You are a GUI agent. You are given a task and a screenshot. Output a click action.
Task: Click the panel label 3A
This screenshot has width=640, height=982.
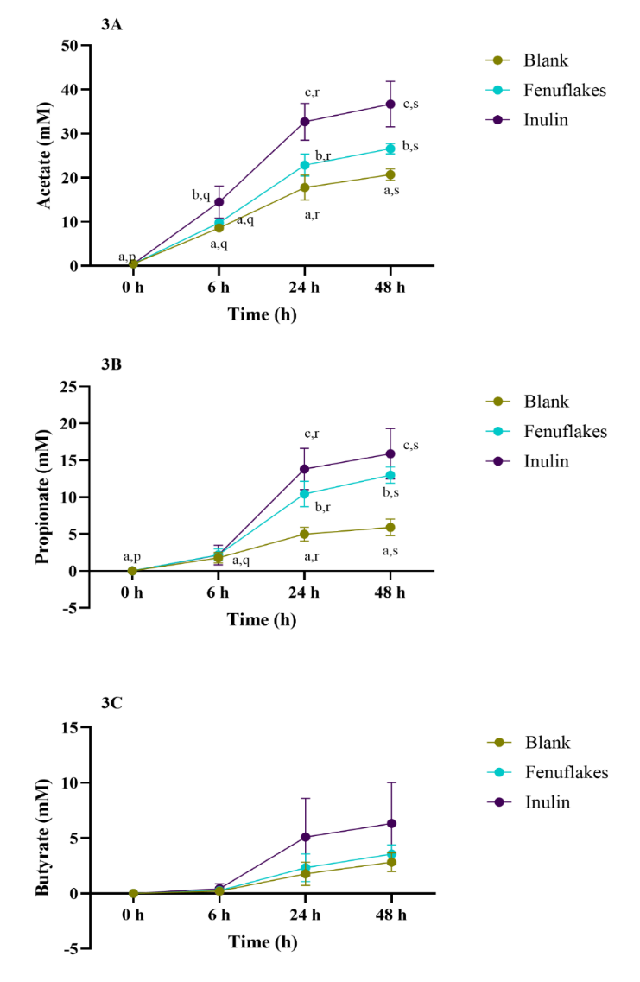click(111, 24)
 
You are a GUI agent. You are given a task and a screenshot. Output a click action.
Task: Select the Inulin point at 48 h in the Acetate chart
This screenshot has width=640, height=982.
click(390, 104)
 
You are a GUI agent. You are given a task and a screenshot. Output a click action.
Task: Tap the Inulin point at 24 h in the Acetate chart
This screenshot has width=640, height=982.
click(305, 122)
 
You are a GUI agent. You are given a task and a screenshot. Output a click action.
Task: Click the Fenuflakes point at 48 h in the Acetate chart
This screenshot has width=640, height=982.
click(390, 149)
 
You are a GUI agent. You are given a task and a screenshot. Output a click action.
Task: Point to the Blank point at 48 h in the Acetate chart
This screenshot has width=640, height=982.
click(390, 174)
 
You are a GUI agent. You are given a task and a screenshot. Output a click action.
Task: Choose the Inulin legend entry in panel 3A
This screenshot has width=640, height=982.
click(545, 119)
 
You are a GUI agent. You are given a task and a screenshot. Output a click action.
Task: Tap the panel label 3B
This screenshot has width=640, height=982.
click(111, 364)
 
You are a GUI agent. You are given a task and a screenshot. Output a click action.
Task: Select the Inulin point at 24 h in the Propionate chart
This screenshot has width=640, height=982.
click(305, 469)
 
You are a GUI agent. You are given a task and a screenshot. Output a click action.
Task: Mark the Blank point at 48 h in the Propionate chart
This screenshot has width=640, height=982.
click(390, 527)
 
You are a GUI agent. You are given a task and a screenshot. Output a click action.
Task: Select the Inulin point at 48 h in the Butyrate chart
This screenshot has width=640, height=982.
click(390, 823)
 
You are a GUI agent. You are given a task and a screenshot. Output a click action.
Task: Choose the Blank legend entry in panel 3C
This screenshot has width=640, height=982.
click(545, 742)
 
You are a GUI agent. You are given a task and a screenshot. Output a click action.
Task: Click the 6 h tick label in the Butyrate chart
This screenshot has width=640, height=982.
click(219, 915)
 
